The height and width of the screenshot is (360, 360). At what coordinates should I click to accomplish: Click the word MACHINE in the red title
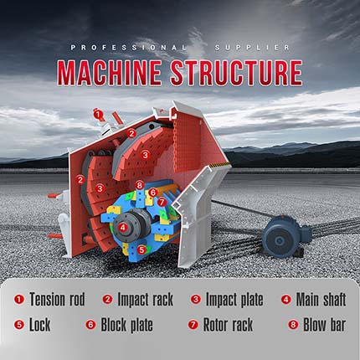coord(110,73)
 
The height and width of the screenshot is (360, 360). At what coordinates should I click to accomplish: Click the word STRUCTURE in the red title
coord(237,73)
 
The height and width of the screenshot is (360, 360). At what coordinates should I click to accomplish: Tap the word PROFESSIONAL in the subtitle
coord(128,48)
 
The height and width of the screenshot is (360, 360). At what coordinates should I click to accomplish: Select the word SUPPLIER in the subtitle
coord(252,48)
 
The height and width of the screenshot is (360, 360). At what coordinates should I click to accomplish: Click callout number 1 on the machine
coord(98,114)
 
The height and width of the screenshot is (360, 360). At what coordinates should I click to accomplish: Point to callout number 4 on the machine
coord(123,228)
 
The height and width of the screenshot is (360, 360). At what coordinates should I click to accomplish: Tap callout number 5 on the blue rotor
coord(141,249)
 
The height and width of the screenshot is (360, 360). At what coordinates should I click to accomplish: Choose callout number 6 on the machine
coord(152,193)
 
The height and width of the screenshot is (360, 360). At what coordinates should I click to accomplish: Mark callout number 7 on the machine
coord(162,202)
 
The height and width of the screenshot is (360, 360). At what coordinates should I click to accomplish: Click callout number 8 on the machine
coord(140,185)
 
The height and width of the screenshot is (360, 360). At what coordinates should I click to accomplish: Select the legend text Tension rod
coord(57,300)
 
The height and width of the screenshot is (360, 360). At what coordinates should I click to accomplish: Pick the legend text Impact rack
coord(145,300)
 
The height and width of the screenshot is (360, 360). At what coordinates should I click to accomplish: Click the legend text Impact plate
coord(234,300)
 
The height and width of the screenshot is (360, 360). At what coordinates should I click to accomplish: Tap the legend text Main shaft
coord(321,300)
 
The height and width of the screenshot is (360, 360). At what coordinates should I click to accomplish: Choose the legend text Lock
coord(40,325)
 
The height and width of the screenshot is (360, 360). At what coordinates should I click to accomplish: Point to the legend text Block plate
coord(126,326)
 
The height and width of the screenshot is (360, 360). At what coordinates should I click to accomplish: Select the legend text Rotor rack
coord(228,325)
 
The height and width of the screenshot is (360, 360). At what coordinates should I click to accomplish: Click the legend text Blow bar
coord(325,325)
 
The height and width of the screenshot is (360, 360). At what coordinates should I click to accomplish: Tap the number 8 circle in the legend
coord(293,325)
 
